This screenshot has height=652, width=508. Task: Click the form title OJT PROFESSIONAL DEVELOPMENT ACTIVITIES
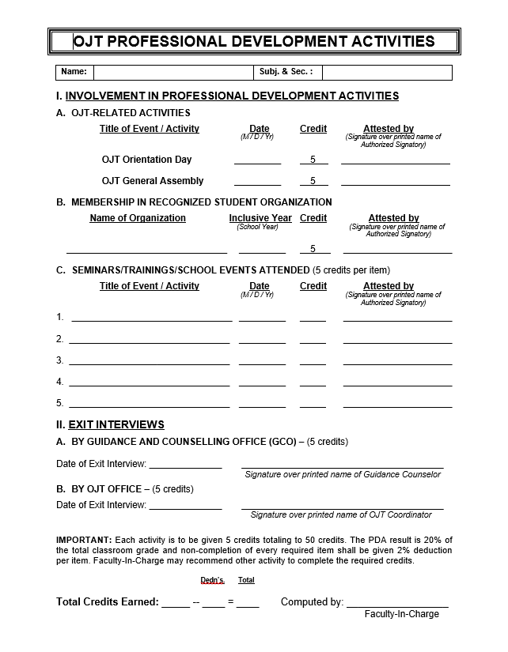point(254,42)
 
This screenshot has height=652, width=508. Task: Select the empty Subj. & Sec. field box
point(386,73)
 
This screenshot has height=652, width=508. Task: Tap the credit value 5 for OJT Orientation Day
point(313,160)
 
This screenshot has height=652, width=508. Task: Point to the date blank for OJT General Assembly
point(257,182)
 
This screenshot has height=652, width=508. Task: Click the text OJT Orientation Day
point(146,160)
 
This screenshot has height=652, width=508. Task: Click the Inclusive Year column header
point(260,218)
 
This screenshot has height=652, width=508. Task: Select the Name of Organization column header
point(138,218)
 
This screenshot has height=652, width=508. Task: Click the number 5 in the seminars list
point(60,403)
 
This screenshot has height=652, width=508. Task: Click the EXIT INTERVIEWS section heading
point(116,424)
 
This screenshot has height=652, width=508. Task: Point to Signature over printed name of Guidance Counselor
point(343,474)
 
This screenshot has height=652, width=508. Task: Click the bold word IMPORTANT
point(84,539)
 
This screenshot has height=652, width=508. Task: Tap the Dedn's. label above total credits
point(212,580)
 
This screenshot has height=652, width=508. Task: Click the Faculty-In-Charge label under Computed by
point(401,614)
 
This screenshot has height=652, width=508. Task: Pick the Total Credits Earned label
point(108,602)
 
